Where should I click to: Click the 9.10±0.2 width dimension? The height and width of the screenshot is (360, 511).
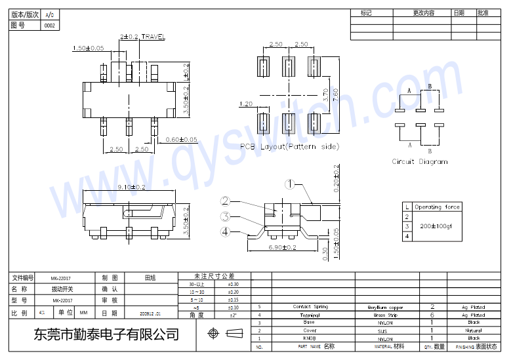coord(131,188)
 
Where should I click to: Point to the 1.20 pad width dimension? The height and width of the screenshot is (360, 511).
coord(246,104)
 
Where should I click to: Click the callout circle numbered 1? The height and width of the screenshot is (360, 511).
coord(289,185)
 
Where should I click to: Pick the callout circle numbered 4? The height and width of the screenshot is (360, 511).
coord(225,231)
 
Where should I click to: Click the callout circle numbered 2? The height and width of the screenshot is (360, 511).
coord(225,202)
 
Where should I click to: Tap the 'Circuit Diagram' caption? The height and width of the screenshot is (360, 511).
coord(420,161)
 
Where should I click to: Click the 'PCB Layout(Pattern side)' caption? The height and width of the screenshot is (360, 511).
coord(289,146)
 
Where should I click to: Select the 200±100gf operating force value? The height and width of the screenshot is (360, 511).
coord(436,226)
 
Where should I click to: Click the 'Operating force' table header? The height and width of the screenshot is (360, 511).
coord(437,207)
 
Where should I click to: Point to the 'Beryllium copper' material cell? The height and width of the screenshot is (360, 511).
coord(385,307)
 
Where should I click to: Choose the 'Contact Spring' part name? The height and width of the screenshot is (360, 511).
coord(310,307)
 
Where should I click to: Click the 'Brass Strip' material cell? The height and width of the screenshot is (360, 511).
coord(384,315)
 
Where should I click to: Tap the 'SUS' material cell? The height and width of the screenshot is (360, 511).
coord(384,331)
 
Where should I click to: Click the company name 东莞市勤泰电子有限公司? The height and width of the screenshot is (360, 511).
coord(106,334)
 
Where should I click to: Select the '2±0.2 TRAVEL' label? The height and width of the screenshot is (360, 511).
coord(142,37)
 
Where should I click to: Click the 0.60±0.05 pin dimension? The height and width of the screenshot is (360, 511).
coord(181,139)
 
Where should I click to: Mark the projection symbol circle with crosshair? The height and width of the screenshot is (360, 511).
coord(213,334)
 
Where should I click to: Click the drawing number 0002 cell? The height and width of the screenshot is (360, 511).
coord(50,26)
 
